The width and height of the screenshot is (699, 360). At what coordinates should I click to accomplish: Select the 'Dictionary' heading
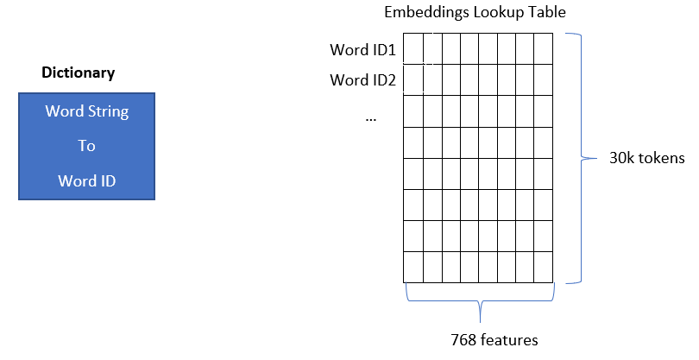point(78,73)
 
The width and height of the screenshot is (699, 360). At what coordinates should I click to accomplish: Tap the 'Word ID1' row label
point(362,48)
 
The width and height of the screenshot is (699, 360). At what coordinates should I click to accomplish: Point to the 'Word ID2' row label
point(362,80)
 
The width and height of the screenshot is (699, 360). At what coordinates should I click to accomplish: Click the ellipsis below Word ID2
point(371,117)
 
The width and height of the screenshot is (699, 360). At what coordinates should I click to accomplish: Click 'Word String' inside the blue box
point(86,112)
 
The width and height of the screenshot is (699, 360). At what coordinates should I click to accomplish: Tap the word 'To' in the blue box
point(86,146)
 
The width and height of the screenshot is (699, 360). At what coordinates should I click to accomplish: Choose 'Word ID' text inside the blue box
point(86,180)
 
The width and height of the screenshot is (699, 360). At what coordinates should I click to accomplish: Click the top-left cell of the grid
point(413,48)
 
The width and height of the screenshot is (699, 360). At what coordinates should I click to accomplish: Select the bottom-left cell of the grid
point(413,266)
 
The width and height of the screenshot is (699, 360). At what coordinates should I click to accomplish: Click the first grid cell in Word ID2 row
point(413,79)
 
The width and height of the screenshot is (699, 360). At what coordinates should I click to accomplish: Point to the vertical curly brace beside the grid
point(579,158)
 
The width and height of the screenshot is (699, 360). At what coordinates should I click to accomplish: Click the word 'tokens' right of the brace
point(655,158)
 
